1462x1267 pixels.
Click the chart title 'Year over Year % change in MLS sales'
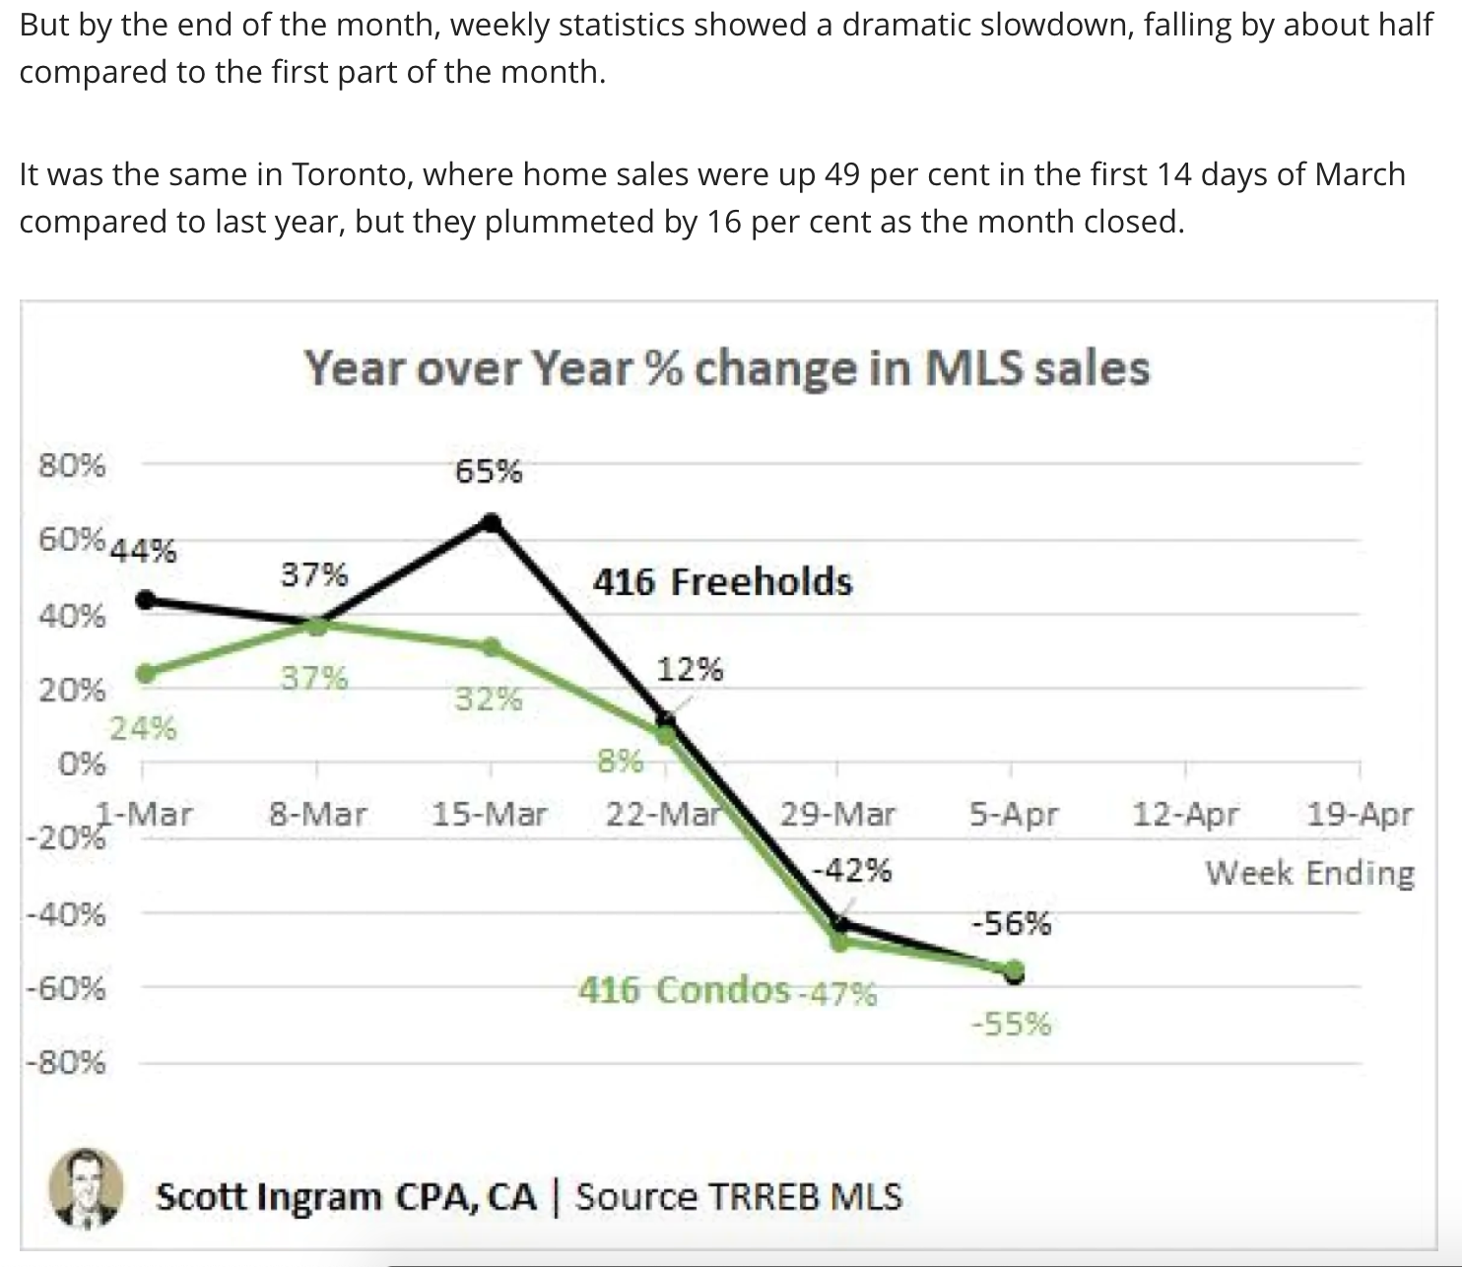click(x=726, y=368)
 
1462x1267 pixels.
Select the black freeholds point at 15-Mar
click(x=491, y=522)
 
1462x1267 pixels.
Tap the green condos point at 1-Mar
click(x=146, y=674)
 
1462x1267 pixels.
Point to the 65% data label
click(x=489, y=472)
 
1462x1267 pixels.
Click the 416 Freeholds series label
click(x=722, y=581)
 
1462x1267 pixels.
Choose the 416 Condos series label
click(x=684, y=989)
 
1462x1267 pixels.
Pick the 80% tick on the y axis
click(x=72, y=465)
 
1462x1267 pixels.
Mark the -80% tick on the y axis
click(x=66, y=1063)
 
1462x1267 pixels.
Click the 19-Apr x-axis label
click(x=1359, y=815)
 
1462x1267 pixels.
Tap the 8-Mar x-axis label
click(x=317, y=815)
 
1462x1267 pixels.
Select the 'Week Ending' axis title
click(x=1309, y=873)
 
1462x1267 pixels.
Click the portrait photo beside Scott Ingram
click(x=87, y=1187)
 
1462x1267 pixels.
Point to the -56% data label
click(x=1011, y=924)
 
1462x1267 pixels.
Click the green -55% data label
click(x=1011, y=1025)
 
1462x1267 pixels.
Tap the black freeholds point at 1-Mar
click(x=146, y=600)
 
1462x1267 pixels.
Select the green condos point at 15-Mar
click(x=491, y=646)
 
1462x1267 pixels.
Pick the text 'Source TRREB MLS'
click(x=738, y=1197)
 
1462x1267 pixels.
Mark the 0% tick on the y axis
click(x=82, y=764)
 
